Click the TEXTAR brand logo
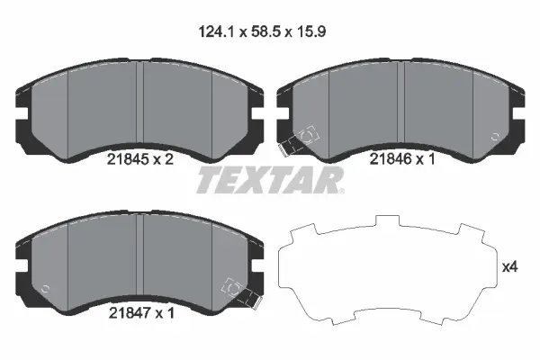pos(269,180)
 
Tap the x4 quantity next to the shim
pos(510,267)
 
